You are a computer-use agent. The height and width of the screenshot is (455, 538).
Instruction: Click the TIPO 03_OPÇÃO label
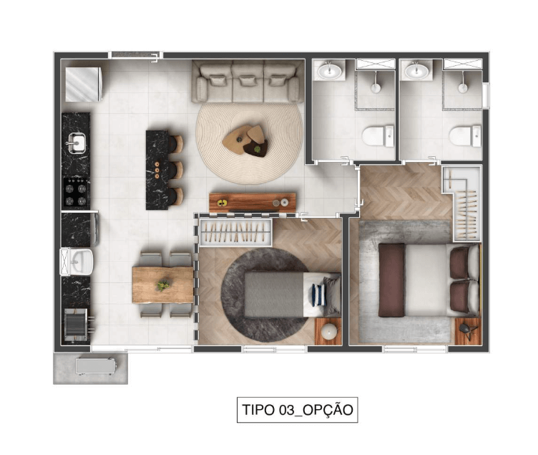(297, 410)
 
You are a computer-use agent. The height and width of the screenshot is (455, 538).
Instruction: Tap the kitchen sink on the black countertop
(76, 143)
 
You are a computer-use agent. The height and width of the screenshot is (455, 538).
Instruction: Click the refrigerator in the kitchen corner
(84, 85)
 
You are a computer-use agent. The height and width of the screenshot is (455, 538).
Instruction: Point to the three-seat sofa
(248, 81)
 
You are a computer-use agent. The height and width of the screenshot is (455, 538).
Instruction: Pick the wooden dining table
(162, 285)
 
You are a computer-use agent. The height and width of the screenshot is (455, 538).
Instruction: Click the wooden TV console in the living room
(253, 202)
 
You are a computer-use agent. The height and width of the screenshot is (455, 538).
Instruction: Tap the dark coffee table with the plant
(256, 148)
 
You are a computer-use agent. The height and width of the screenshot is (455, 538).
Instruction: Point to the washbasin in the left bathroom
(329, 71)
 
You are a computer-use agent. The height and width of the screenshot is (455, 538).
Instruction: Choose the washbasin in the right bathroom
(416, 71)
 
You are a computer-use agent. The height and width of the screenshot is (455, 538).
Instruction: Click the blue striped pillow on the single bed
(318, 295)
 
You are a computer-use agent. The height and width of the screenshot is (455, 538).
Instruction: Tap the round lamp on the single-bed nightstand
(329, 331)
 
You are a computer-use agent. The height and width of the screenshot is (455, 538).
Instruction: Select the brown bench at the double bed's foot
(391, 280)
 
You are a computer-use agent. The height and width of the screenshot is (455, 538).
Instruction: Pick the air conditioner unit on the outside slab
(96, 366)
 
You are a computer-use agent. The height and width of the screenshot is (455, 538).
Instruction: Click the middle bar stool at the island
(176, 170)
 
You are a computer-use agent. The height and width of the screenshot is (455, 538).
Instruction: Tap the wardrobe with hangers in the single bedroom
(235, 232)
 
